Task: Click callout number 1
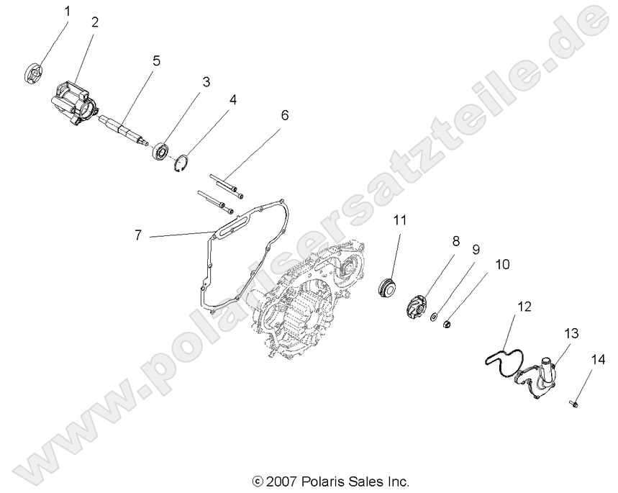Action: coord(68,12)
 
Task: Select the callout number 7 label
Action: coord(138,235)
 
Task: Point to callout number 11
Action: coord(399,220)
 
